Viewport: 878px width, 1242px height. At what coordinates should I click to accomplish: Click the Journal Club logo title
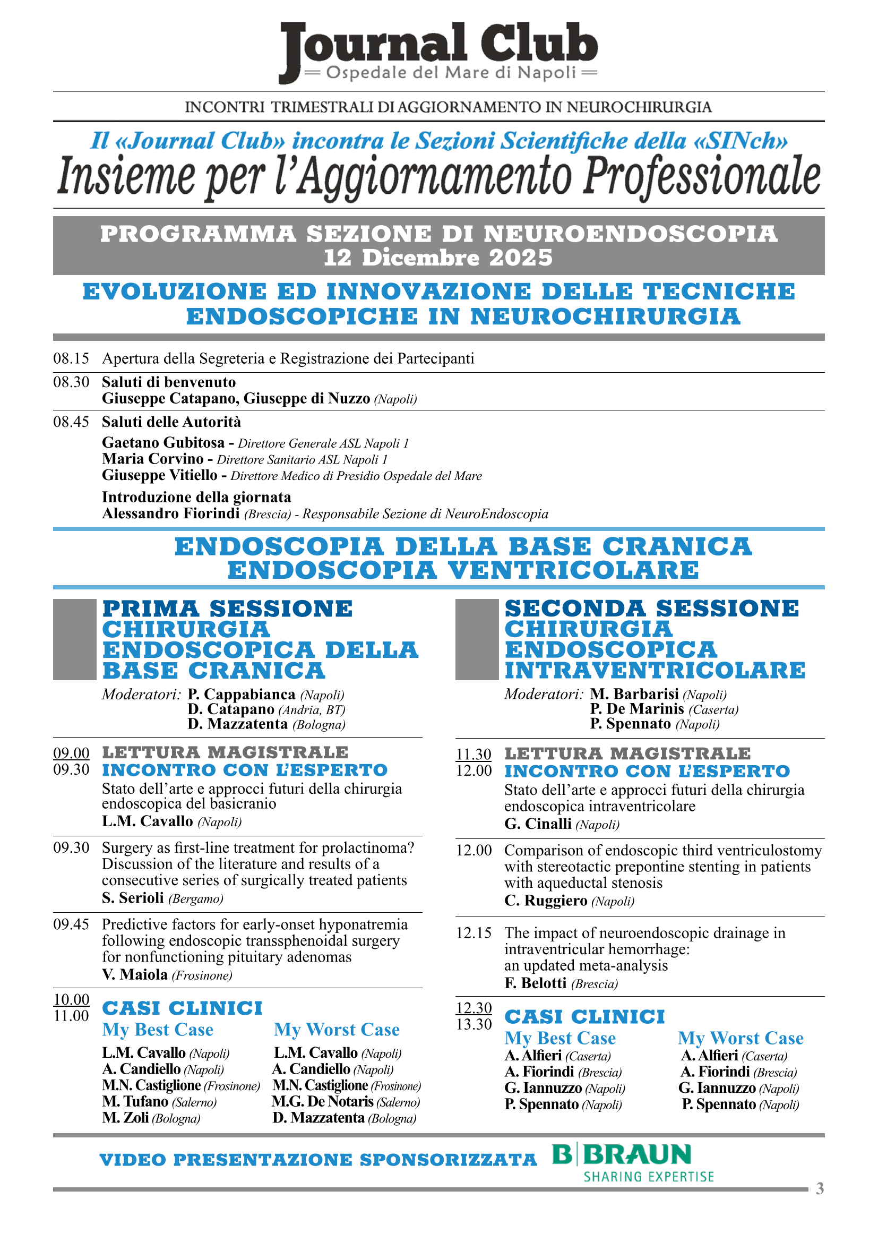click(439, 43)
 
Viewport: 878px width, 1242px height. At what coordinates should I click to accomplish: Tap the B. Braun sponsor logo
click(633, 1161)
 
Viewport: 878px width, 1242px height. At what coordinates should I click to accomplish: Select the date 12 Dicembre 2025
click(438, 258)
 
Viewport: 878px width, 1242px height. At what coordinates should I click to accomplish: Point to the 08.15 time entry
click(71, 358)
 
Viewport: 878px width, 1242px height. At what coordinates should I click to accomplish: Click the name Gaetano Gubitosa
click(163, 442)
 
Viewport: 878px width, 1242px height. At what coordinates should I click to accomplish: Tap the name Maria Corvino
click(152, 459)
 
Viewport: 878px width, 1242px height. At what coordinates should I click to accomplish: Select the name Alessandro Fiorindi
click(171, 513)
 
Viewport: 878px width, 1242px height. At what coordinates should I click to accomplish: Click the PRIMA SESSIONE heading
click(227, 609)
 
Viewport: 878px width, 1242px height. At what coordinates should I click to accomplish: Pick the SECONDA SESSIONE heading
click(651, 608)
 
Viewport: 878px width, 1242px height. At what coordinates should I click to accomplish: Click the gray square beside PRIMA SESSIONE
click(75, 639)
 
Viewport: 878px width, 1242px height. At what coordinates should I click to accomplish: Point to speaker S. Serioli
click(133, 898)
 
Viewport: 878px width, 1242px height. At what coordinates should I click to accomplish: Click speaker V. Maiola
click(135, 975)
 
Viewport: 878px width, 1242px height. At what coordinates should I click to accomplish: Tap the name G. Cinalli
click(538, 824)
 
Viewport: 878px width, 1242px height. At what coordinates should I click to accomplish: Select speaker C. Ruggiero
click(546, 901)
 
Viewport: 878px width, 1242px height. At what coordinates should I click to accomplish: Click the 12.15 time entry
click(474, 932)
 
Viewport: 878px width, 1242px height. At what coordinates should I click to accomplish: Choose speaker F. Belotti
click(535, 983)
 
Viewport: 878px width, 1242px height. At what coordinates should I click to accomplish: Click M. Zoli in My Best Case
click(125, 1118)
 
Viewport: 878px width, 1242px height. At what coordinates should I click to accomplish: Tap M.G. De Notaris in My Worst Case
click(323, 1102)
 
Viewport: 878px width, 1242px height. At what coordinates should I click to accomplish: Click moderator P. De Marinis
click(637, 709)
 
